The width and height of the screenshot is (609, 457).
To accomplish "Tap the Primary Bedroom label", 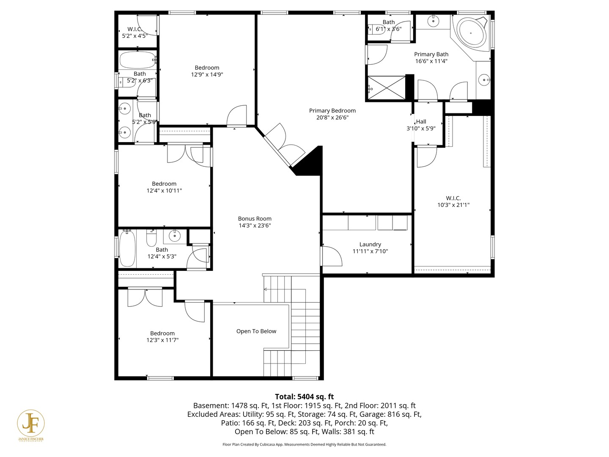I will (x=332, y=110).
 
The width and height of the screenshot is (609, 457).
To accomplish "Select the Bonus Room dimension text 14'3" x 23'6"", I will (x=255, y=226).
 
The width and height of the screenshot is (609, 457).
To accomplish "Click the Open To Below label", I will (x=256, y=331).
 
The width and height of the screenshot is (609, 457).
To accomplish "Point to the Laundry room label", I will (x=370, y=244).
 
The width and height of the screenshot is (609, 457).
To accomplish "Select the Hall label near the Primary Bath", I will (x=421, y=121).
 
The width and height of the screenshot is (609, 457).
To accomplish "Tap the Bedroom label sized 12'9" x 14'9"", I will (x=207, y=68).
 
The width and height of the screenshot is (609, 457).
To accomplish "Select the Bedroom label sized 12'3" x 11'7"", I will (x=162, y=333).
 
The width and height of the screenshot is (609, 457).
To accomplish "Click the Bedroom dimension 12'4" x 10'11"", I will (x=164, y=190).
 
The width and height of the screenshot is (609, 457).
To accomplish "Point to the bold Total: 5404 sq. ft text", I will (x=304, y=396).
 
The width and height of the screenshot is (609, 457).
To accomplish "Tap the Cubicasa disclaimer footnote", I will (x=304, y=444).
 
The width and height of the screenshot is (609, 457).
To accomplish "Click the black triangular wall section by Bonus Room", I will (x=311, y=163).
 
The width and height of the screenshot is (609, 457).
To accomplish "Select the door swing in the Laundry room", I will (x=332, y=256).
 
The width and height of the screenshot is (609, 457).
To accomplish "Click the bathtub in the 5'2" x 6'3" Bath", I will (x=136, y=60).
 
